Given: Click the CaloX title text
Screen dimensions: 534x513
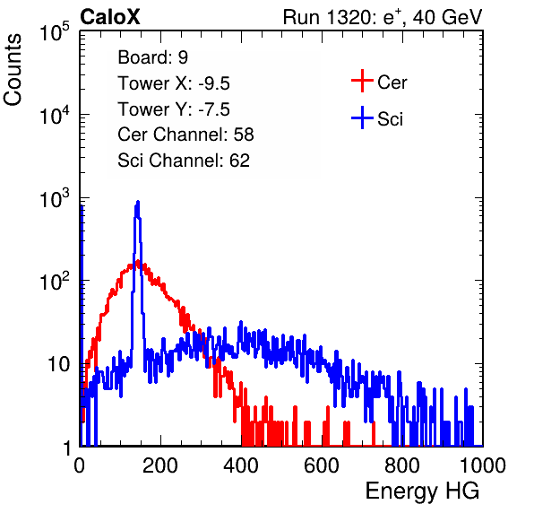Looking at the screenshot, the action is pos(110,17).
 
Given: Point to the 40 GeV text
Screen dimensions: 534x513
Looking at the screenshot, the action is pos(447,17).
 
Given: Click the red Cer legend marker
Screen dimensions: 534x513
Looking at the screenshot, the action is pos(362,81).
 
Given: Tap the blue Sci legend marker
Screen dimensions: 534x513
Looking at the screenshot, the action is pos(362,117).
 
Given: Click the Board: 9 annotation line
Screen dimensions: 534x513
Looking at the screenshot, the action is pos(153,57).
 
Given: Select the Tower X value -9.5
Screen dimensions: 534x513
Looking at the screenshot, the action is pos(214,83).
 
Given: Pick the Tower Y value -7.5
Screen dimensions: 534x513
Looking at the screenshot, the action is pos(214,109).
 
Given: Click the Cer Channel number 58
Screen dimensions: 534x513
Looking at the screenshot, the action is pos(244,135).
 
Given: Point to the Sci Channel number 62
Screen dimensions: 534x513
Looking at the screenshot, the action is pos(239,161).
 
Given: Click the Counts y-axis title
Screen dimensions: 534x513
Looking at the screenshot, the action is pos(13,70).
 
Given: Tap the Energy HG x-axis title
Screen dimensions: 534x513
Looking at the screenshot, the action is pos(422,491).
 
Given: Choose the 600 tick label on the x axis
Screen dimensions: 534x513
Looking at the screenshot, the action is pos(322,465).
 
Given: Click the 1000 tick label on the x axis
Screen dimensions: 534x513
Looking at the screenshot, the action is pos(483,465).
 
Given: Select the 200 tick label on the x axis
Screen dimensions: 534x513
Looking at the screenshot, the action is pos(160,465).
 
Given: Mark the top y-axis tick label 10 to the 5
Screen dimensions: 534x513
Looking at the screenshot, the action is pos(55,31).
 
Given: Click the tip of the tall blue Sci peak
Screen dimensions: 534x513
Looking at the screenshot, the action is pos(138,202).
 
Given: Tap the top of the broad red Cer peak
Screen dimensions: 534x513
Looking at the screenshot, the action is pos(138,262).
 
